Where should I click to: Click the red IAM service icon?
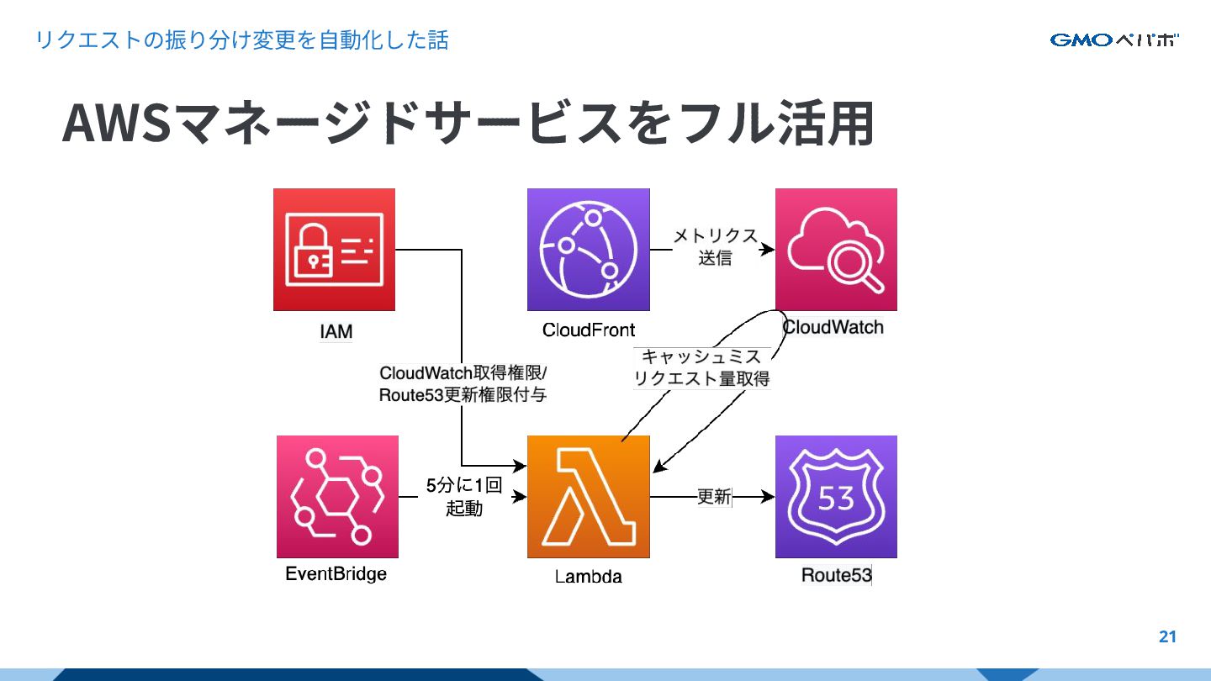point(334,250)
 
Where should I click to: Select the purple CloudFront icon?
point(588,250)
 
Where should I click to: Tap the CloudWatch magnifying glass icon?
point(836,250)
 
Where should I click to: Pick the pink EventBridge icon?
point(337,496)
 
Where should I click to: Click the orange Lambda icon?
point(589,496)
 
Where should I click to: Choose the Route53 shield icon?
point(836,496)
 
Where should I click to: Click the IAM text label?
point(336,331)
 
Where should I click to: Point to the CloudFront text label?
point(589,330)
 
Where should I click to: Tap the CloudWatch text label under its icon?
point(833,326)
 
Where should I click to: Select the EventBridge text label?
point(336,574)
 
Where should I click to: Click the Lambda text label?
point(589,577)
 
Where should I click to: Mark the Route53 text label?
point(836,575)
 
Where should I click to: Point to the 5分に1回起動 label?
point(463,497)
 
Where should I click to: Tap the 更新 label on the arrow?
point(714,497)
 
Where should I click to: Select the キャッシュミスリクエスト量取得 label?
point(701,368)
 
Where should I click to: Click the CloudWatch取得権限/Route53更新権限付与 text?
point(463,383)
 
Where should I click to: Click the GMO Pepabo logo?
point(1114,40)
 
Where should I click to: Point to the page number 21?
point(1167,636)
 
